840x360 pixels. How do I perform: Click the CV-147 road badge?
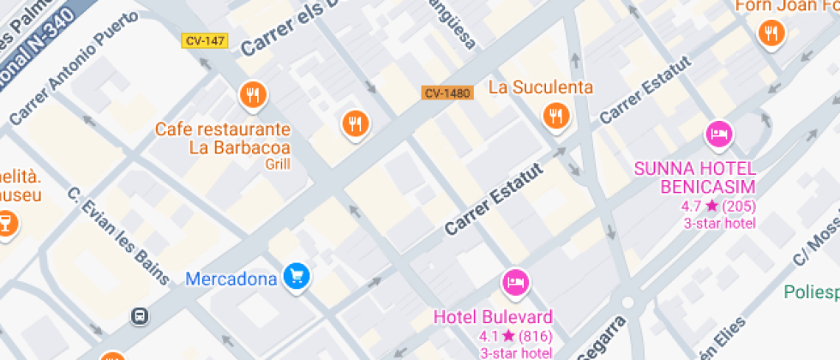(x=205, y=40)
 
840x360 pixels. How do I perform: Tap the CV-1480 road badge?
(x=447, y=93)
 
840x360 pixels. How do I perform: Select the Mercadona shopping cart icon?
(x=297, y=276)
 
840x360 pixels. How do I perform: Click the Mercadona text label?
(x=231, y=279)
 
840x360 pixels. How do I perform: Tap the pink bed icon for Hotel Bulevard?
(x=516, y=282)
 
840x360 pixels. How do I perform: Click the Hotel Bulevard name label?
(x=493, y=316)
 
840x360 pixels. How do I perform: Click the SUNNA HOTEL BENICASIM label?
(x=695, y=177)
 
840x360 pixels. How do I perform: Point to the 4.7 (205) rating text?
(x=718, y=206)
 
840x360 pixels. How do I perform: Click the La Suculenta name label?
(x=540, y=87)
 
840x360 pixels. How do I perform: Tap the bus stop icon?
(x=139, y=315)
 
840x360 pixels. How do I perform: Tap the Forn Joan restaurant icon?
(x=771, y=34)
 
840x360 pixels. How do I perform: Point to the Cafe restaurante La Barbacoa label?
(x=222, y=138)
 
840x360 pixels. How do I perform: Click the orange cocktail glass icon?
(x=5, y=225)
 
